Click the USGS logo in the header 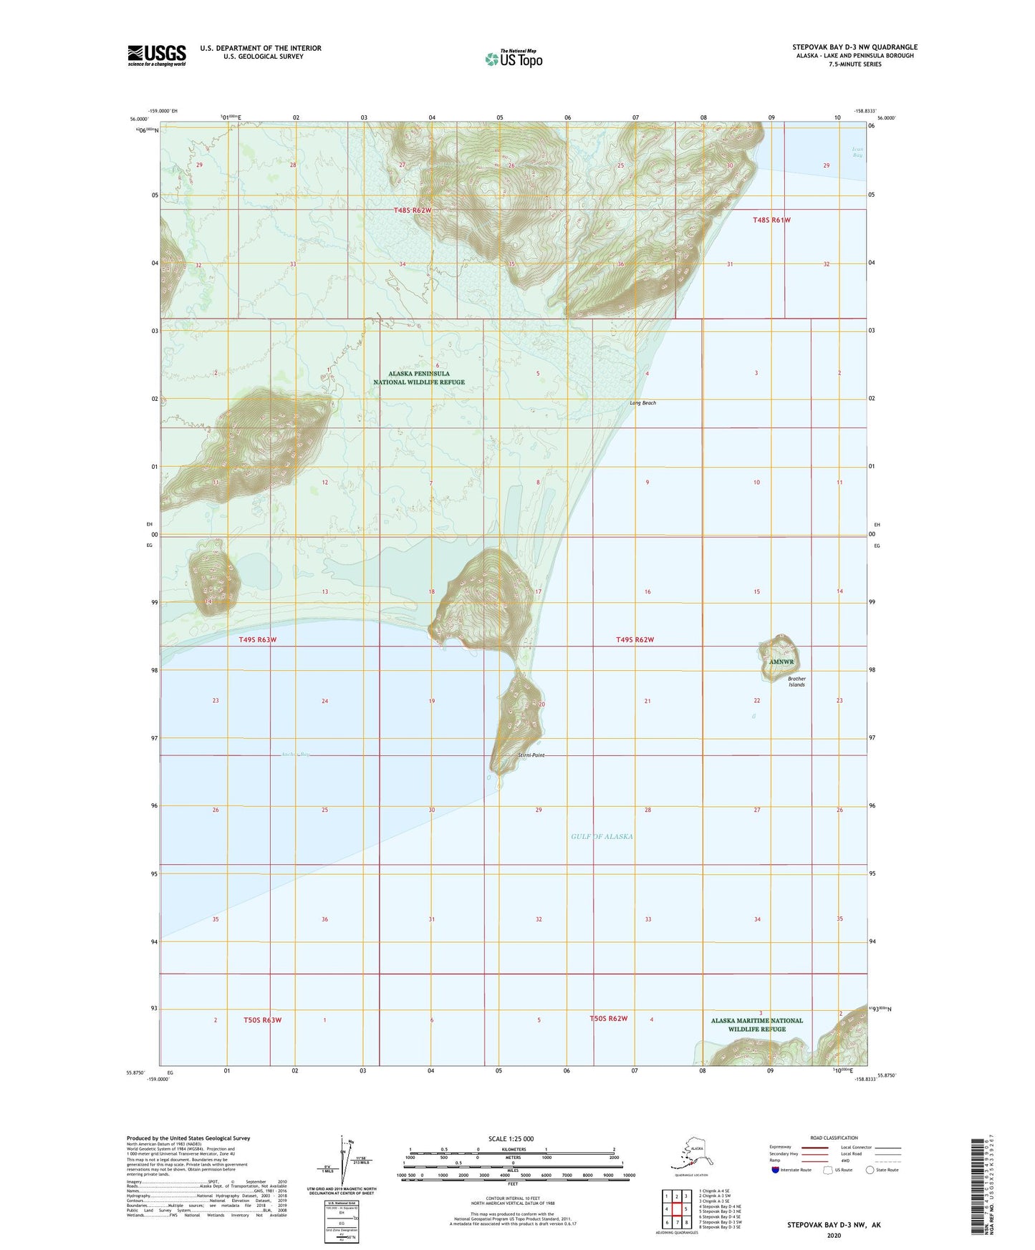pyautogui.click(x=156, y=55)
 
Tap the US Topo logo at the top pyautogui.click(x=513, y=58)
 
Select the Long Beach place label pyautogui.click(x=642, y=403)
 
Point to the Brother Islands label pyautogui.click(x=796, y=682)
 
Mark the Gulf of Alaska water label pyautogui.click(x=602, y=836)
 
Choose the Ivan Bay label pyautogui.click(x=857, y=152)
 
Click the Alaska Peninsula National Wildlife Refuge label pyautogui.click(x=419, y=377)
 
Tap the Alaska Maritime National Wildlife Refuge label pyautogui.click(x=756, y=1024)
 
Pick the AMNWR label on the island pyautogui.click(x=781, y=662)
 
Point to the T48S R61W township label pyautogui.click(x=771, y=220)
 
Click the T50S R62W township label pyautogui.click(x=608, y=1018)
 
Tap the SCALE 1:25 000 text pyautogui.click(x=511, y=1139)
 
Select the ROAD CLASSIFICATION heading pyautogui.click(x=834, y=1138)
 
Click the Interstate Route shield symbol pyautogui.click(x=776, y=1170)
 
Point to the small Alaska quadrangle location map pyautogui.click(x=690, y=1154)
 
